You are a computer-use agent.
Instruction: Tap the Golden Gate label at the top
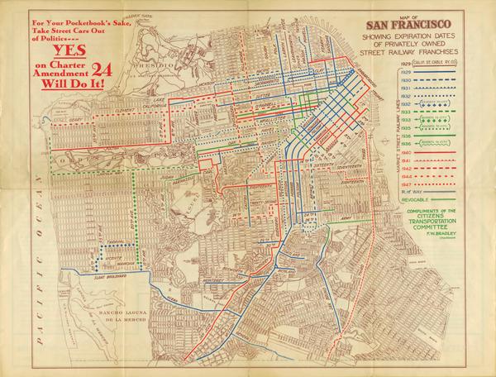pos(126,17)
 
